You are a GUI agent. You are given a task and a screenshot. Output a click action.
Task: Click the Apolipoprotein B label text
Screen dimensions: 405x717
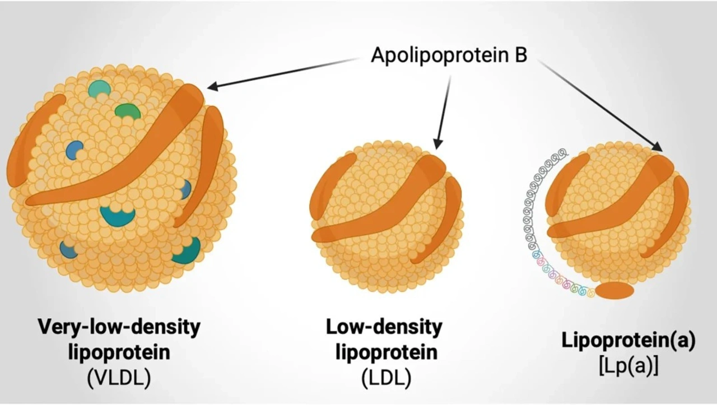(x=449, y=55)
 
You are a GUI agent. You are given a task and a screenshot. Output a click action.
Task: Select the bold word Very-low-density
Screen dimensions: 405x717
(x=119, y=327)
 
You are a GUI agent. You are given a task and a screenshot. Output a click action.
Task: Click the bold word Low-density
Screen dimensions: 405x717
(x=384, y=327)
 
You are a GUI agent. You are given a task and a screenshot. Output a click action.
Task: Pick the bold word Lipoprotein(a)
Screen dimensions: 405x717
(x=628, y=341)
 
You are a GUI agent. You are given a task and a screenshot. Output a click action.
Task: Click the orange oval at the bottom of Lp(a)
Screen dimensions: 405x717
(x=614, y=291)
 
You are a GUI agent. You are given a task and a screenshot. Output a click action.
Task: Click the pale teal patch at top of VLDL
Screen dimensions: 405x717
(x=99, y=88)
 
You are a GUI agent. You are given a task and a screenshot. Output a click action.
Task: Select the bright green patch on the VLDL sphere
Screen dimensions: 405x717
(x=128, y=111)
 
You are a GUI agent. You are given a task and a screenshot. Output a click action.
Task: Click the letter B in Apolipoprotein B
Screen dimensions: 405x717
(x=521, y=55)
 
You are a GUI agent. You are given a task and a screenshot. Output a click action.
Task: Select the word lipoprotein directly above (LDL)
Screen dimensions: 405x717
(x=386, y=352)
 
